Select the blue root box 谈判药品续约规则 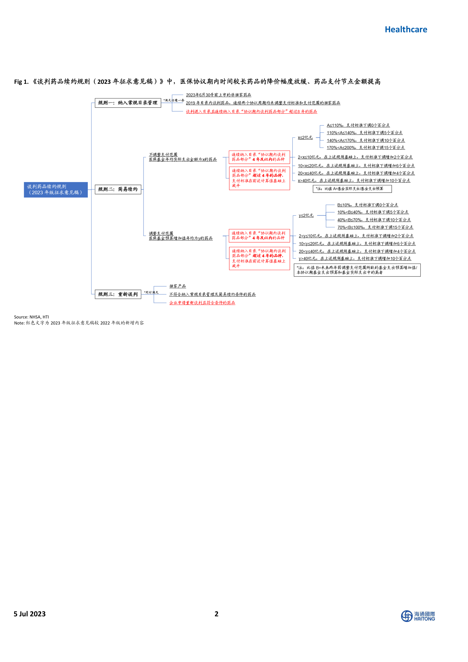click(56, 190)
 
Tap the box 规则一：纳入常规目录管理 click(128, 103)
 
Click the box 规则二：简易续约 click(118, 190)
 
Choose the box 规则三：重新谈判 click(118, 294)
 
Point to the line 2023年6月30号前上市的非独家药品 click(218, 95)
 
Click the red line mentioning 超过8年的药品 click(251, 112)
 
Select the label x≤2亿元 click(305, 138)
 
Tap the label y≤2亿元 click(306, 215)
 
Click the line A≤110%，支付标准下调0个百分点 click(358, 125)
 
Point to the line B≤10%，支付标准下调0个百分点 click(367, 205)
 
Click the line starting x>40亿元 click(354, 180)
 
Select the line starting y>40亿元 click(355, 259)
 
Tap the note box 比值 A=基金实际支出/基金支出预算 click(352, 189)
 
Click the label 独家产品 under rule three click(178, 286)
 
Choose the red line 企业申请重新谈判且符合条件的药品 click(202, 303)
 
